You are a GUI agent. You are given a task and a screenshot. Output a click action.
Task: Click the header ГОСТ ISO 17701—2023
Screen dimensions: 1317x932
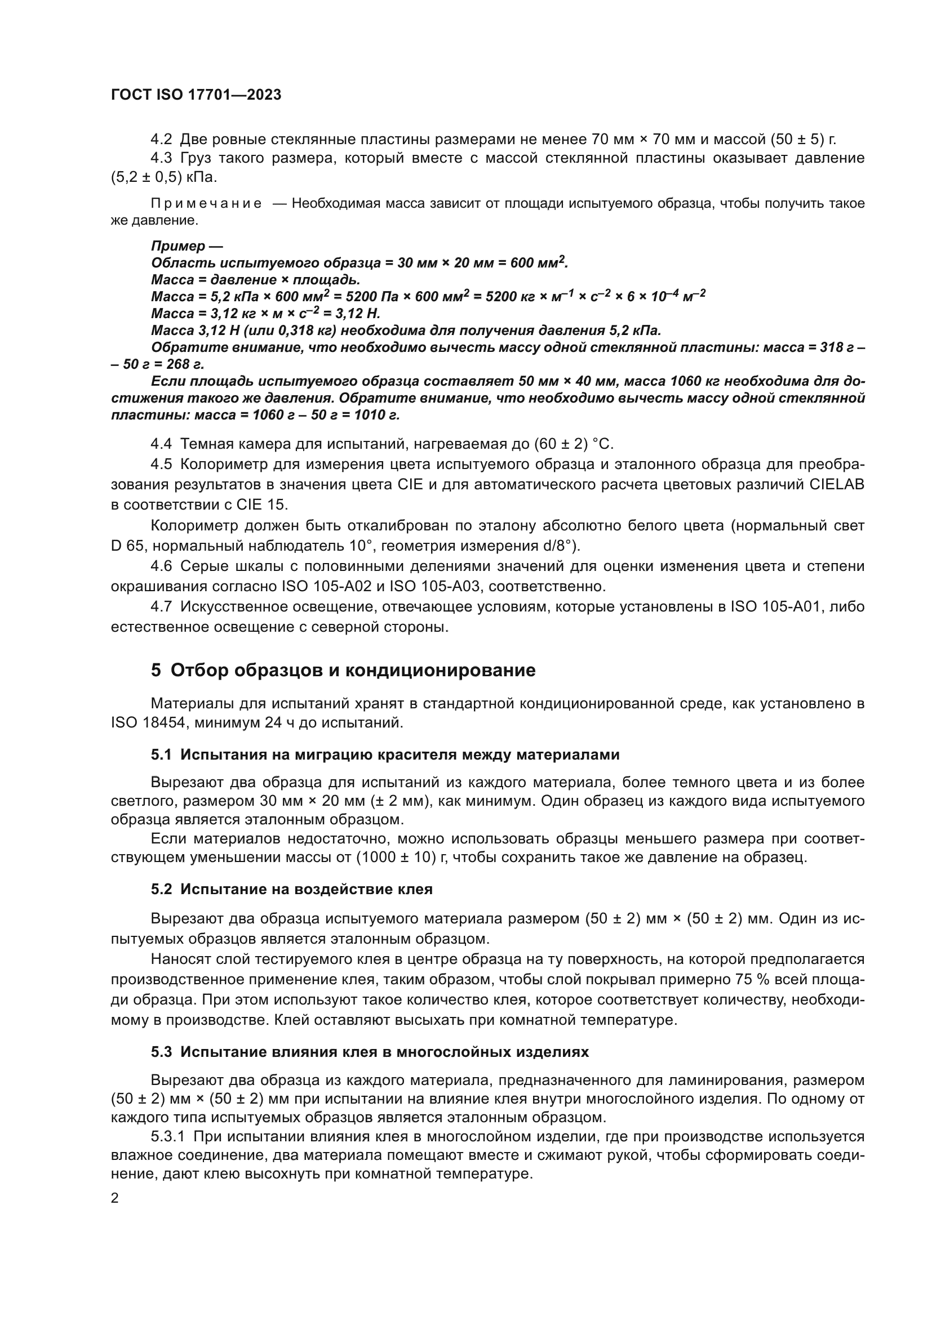coord(196,95)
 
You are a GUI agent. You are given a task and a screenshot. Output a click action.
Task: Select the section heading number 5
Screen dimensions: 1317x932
coord(156,670)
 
